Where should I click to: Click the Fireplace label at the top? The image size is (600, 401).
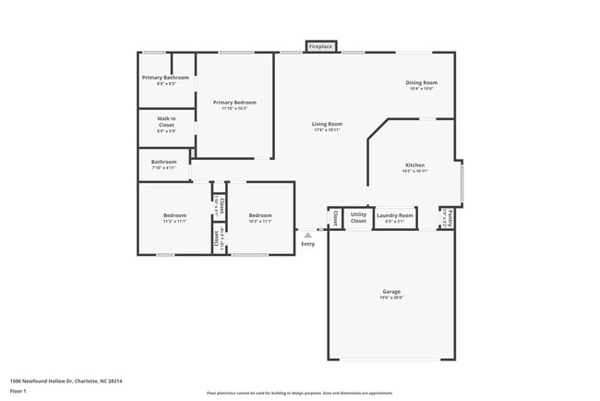pos(321,46)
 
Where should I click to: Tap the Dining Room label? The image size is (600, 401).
pos(421,83)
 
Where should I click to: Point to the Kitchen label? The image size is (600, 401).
pos(414,164)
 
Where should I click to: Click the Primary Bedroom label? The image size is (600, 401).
pos(234,103)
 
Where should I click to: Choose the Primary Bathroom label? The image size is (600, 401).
pos(166,78)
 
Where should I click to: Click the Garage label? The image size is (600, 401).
pos(391,291)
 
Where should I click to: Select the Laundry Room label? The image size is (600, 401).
pos(395,215)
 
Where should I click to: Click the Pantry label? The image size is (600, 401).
pos(449,218)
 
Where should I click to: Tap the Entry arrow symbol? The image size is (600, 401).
pos(307,236)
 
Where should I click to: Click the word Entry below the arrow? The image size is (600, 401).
pos(307,244)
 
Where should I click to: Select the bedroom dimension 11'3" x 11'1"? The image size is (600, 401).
pos(174,222)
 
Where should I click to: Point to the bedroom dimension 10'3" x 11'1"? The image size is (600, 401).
pos(260,222)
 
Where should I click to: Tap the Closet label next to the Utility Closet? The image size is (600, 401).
pos(334,217)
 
